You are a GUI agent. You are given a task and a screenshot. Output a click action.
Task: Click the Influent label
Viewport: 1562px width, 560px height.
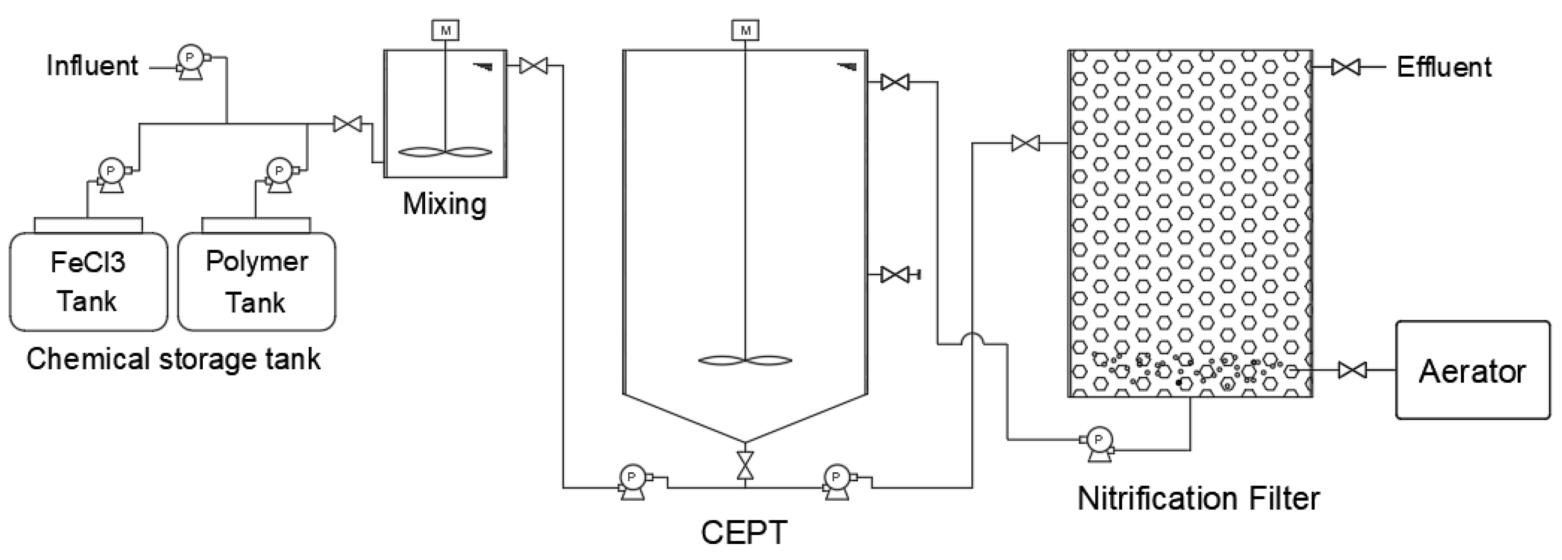(x=92, y=66)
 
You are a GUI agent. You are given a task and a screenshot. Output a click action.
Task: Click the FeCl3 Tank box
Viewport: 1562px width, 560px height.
(x=89, y=282)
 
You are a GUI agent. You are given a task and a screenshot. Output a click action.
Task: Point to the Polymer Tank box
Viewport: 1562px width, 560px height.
(x=257, y=282)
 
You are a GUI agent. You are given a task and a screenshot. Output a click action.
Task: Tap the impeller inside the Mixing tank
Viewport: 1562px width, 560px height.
(x=445, y=153)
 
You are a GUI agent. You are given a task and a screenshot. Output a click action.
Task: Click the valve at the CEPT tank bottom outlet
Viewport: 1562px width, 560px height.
(x=745, y=466)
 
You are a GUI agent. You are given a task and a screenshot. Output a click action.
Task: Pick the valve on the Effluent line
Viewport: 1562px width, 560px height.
(x=1345, y=67)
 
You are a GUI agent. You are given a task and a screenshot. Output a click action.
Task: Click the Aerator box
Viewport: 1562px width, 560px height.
(x=1472, y=370)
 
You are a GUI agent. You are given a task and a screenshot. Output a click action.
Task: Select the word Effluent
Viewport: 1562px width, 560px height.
(x=1444, y=67)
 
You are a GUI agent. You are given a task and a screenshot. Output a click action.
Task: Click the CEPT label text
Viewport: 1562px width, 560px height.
(x=744, y=533)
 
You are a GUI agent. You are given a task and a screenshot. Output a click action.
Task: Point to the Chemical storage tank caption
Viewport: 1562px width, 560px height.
(x=173, y=359)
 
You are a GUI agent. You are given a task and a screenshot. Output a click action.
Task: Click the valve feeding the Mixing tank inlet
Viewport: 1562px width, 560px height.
(x=347, y=124)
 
